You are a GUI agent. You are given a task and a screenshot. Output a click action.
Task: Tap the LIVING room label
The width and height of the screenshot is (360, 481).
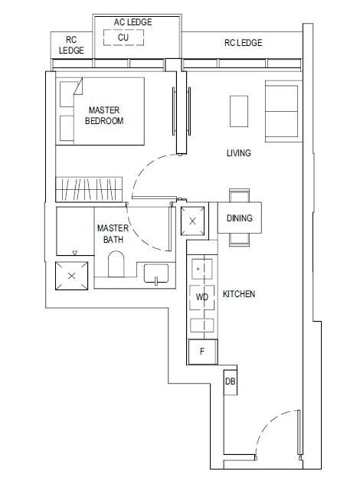click(x=238, y=153)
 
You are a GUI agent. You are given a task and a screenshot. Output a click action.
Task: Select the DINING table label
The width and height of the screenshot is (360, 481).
click(x=239, y=218)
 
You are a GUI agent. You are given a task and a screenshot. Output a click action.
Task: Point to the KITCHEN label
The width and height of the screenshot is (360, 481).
click(x=239, y=294)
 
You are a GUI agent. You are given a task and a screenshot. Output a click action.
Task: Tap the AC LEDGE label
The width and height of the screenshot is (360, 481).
click(x=133, y=22)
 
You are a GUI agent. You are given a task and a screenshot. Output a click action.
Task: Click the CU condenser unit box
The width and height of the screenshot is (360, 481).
click(x=123, y=38)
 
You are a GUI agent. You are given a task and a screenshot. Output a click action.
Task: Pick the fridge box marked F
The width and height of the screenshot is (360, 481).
click(x=202, y=352)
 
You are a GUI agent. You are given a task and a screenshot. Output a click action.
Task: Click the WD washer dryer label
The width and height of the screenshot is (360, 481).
click(x=202, y=296)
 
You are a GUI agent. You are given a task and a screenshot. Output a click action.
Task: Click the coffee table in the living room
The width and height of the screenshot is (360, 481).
click(x=238, y=110)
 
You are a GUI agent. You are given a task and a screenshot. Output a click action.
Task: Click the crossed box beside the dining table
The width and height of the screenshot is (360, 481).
click(x=192, y=221)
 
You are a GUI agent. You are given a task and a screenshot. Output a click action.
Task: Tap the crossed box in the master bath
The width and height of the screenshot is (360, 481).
click(x=72, y=275)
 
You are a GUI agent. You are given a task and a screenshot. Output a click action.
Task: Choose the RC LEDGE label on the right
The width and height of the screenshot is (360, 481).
click(x=243, y=43)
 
